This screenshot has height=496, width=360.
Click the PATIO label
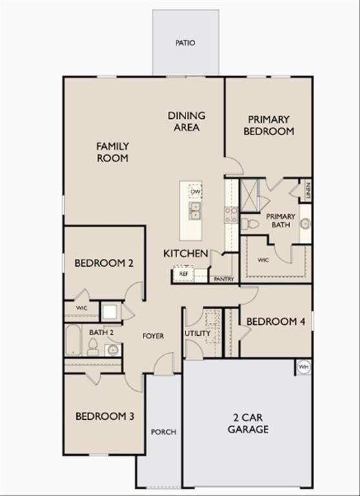coord(185,43)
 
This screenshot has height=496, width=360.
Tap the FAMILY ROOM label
coord(112,152)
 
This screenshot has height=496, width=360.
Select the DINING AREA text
coord(187,121)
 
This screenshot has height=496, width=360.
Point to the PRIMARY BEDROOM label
coord(269,125)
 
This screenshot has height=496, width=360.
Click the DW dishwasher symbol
coord(195,191)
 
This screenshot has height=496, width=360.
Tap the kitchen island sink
coord(194,210)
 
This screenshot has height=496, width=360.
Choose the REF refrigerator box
coord(183,274)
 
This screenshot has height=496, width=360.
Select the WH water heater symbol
coord(303,367)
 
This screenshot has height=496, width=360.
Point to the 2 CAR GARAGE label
coord(248,424)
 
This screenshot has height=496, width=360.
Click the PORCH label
coord(163,432)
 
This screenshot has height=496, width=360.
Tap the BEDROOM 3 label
coord(105,416)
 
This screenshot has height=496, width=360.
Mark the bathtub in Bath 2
coord(72,340)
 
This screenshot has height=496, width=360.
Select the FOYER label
coord(153,336)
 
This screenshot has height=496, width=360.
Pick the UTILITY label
coord(198,333)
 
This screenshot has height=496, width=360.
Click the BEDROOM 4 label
coord(276,321)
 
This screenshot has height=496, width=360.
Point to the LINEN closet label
coord(308,190)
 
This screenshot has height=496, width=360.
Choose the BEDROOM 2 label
coord(104,263)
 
